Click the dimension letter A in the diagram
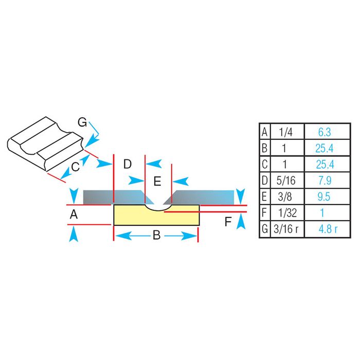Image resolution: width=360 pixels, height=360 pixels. click(x=74, y=215)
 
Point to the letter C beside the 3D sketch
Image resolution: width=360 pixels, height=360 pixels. click(x=75, y=166)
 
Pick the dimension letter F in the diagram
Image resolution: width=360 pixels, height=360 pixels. click(x=229, y=222)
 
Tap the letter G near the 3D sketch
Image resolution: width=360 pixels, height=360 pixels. click(x=82, y=122)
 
